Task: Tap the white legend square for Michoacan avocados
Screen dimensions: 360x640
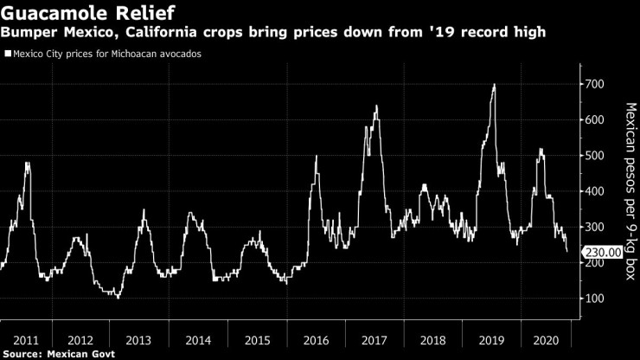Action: [x=8, y=54]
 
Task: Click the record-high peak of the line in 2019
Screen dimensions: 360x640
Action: [x=494, y=85]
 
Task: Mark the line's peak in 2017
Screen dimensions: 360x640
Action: [x=376, y=106]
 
